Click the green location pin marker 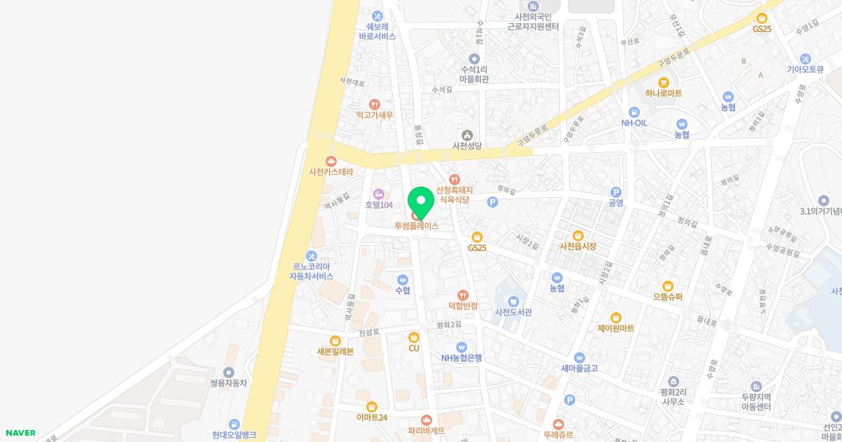coord(421,202)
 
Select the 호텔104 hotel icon coord(379,194)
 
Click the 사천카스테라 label coord(331,172)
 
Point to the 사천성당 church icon coord(467,135)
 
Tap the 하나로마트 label coord(664,93)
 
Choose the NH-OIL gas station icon coord(634,112)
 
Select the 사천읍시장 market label coord(578,246)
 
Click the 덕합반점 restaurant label coord(463,306)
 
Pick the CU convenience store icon coord(414,337)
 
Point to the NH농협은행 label coord(462,358)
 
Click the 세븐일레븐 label coord(335,351)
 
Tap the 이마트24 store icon coord(372,406)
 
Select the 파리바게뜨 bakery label coord(427,431)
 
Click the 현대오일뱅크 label coord(234,435)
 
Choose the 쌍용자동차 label coord(229,383)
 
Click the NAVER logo coord(20,433)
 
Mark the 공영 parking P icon coord(616,192)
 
